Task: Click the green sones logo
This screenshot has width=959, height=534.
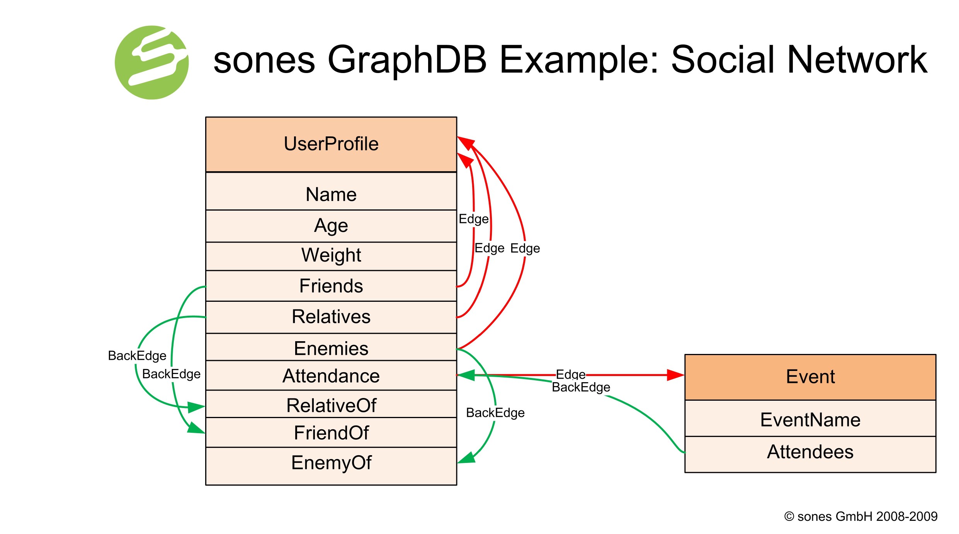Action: click(x=151, y=63)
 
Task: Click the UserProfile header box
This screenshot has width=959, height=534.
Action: click(x=331, y=144)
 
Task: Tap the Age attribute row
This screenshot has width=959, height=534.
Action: click(x=331, y=226)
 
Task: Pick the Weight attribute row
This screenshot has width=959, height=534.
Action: click(x=331, y=256)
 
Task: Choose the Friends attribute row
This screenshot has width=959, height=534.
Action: click(x=331, y=286)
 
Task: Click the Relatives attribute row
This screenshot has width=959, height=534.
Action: click(x=331, y=317)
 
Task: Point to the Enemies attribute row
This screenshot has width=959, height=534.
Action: click(x=331, y=347)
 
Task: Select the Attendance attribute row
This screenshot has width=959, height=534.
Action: click(x=331, y=376)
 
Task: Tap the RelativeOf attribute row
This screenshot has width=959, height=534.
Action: click(x=331, y=405)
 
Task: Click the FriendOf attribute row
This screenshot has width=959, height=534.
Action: click(x=331, y=432)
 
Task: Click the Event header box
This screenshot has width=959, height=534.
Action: click(x=810, y=377)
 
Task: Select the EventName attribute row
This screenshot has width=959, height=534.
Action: click(x=810, y=419)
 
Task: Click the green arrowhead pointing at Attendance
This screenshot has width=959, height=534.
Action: click(x=466, y=375)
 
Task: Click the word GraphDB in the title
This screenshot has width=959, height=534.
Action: click(x=406, y=60)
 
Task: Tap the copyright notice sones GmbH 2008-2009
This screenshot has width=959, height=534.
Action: click(x=861, y=516)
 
